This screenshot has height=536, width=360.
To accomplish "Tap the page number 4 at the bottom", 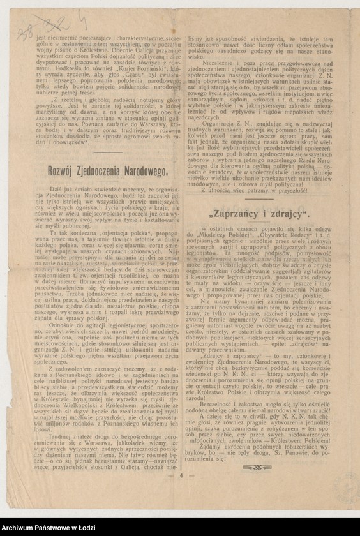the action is pyautogui.click(x=181, y=475).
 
